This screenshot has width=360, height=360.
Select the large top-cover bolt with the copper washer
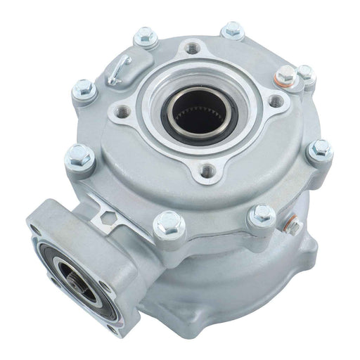pyautogui.click(x=285, y=75)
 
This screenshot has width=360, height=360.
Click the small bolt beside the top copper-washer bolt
pyautogui.click(x=305, y=72)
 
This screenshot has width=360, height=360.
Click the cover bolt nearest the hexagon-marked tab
pyautogui.click(x=169, y=224)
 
